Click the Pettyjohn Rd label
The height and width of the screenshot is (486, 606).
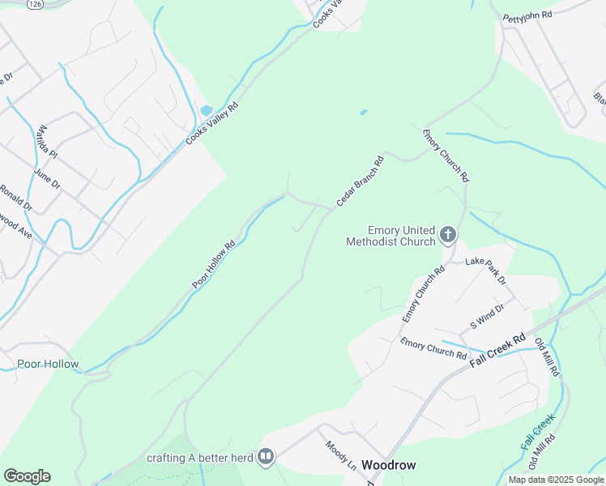(527, 15)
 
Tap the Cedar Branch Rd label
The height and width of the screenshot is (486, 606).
(358, 179)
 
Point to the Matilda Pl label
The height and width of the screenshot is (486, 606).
(47, 141)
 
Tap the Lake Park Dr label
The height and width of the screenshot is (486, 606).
(485, 270)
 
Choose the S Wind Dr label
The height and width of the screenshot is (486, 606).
(487, 316)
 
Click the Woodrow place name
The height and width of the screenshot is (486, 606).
(389, 465)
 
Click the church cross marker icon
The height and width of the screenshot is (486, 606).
(448, 236)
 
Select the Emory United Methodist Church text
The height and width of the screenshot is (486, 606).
(390, 236)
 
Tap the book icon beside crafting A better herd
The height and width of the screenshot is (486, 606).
(265, 458)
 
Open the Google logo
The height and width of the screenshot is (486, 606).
(27, 476)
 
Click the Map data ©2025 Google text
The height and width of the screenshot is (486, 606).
(556, 480)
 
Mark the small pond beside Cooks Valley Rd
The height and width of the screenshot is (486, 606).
(206, 110)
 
